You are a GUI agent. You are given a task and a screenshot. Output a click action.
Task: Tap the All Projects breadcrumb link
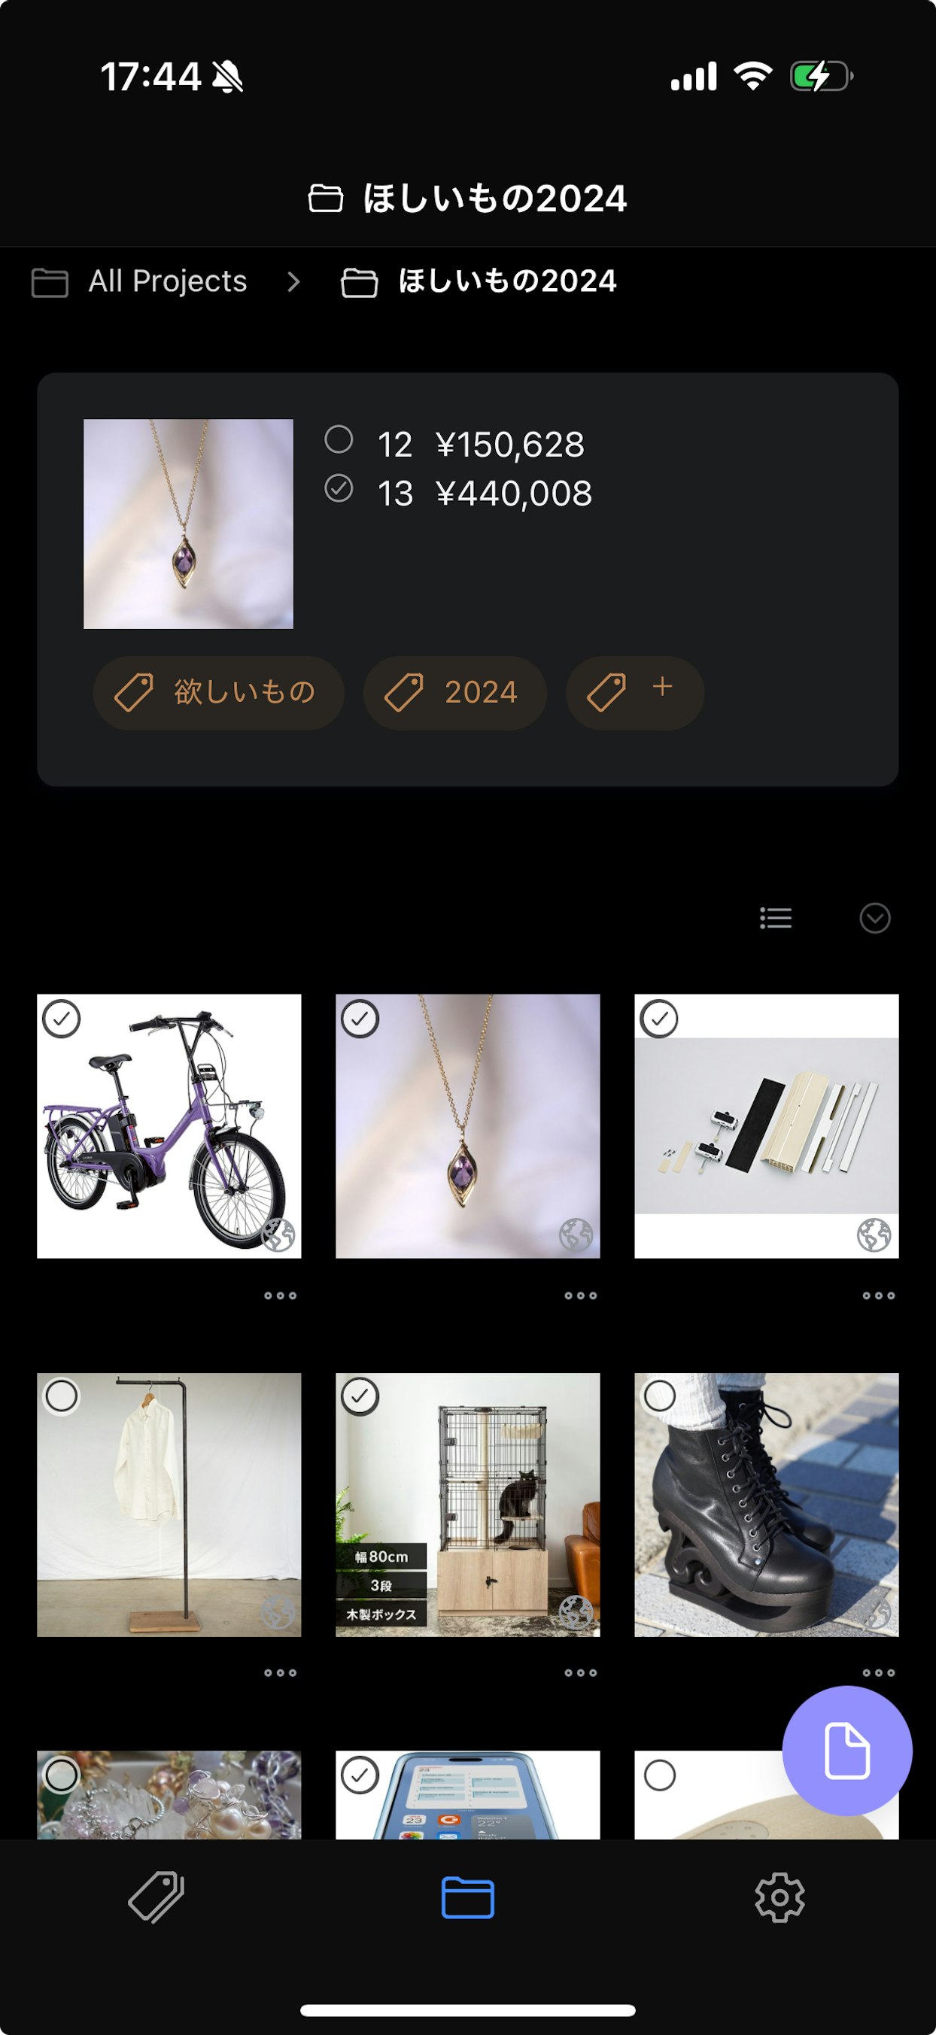coord(167,281)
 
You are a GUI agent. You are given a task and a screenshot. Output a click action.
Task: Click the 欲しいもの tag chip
coord(219,693)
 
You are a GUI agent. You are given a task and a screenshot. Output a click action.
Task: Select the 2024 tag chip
coord(454,693)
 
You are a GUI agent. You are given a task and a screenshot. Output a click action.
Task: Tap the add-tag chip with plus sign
coord(634,693)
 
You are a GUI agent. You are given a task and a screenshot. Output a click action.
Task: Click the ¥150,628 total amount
coord(509,445)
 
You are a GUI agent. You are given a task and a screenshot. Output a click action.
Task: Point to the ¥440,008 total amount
coord(513,494)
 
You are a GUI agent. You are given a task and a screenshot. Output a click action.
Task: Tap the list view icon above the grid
coord(776,918)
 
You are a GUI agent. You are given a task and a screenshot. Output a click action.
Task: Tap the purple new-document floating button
coord(846,1751)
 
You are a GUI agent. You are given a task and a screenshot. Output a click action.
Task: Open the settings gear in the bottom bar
coord(779,1897)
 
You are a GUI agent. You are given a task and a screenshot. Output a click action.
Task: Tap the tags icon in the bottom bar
coord(157,1897)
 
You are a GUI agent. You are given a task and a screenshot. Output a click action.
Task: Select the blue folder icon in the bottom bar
coord(467,1897)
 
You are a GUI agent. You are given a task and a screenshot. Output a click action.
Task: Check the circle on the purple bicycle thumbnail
coord(62,1019)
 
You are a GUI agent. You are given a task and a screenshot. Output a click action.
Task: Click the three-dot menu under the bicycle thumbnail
coord(281,1295)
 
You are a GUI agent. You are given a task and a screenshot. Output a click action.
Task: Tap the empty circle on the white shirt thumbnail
coord(62,1397)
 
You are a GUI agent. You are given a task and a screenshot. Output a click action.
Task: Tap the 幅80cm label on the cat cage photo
coord(381,1557)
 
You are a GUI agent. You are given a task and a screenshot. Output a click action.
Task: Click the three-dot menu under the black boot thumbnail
coord(878,1672)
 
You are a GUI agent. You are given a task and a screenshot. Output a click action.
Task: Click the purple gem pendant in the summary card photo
coord(184,563)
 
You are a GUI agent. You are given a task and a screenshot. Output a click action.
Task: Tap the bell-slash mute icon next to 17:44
coord(227,77)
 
